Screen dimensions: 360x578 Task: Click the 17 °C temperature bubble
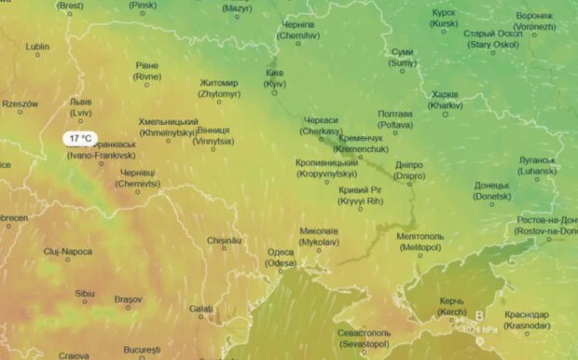(79, 138)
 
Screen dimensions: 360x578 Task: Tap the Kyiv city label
(274, 78)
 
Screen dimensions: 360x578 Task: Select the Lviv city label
(81, 107)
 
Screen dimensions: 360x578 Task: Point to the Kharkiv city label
(446, 100)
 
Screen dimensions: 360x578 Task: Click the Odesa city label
(281, 257)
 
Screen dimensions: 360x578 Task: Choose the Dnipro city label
(408, 170)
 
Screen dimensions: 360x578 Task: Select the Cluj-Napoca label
(67, 251)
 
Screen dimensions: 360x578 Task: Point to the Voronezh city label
(534, 21)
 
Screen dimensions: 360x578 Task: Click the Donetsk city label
(491, 190)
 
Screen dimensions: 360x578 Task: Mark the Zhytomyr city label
(219, 89)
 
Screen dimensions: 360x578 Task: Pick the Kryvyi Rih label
(362, 195)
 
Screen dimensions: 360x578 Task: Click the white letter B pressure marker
(480, 315)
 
